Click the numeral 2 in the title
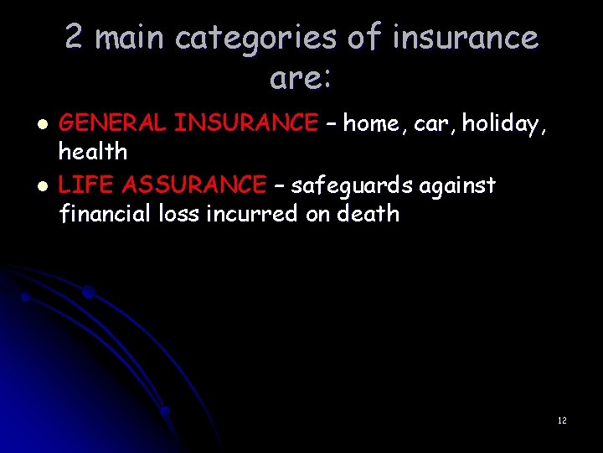click(75, 38)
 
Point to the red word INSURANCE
click(246, 123)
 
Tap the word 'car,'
click(433, 123)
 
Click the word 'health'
click(92, 152)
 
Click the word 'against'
click(456, 185)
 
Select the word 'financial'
click(106, 213)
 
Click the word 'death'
click(368, 213)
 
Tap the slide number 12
click(562, 420)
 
